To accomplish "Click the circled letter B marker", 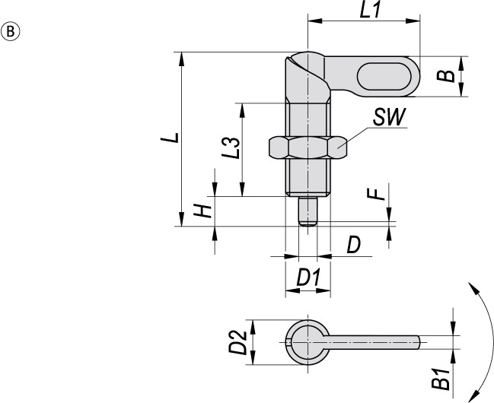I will pyautogui.click(x=11, y=32).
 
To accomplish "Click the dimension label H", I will pyautogui.click(x=202, y=211).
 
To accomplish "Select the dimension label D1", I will pyautogui.click(x=308, y=278).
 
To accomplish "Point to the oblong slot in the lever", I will pyautogui.click(x=383, y=78).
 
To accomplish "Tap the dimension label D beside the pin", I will pyautogui.click(x=353, y=245).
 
